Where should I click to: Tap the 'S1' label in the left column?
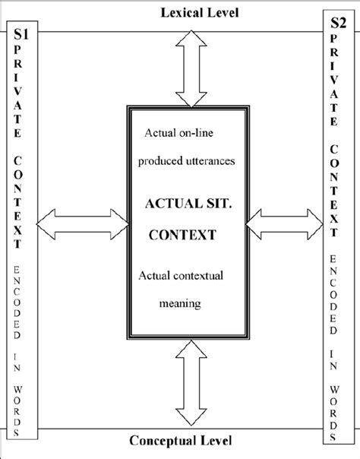coord(17,34)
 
